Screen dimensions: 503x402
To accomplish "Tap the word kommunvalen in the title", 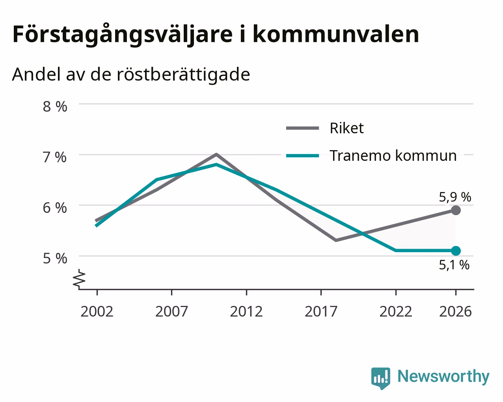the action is pos(336,34).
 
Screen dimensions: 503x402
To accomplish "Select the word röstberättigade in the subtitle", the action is pos(183,75).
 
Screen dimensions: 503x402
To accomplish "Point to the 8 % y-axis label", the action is pos(55,106).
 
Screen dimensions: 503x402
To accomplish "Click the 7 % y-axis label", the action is pos(55,157).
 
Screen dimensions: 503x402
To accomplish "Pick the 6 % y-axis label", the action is pos(55,208).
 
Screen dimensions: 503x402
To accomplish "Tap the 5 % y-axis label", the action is pos(55,259).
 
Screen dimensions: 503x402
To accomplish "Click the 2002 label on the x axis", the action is pos(97,311).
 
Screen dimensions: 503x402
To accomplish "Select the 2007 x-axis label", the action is pos(171,311).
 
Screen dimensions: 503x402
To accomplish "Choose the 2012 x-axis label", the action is pos(246,311).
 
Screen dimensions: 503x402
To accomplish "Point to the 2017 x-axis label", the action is pos(321,311).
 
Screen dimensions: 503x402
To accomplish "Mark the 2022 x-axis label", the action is pos(396,311).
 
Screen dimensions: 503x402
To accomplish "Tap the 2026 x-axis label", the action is pos(456,311).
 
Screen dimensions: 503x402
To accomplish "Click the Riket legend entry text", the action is pos(347,128).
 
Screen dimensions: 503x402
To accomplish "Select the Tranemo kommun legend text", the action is pos(393,156).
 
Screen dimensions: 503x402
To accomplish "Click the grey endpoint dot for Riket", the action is pos(456,210).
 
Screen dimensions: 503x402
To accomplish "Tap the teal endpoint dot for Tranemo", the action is pos(456,251).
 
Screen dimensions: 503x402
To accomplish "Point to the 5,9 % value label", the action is pos(455,197).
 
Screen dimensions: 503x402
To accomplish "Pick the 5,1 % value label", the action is pos(454,265).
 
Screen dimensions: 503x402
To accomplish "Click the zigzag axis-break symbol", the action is pos(79,278).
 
